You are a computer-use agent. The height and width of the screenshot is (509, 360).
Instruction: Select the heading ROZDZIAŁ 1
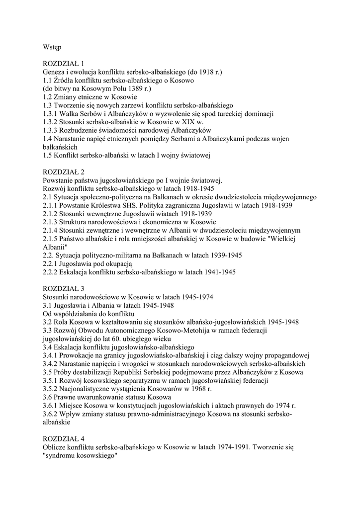tap(63, 64)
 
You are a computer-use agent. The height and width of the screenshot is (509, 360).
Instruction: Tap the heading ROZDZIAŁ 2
tap(63, 172)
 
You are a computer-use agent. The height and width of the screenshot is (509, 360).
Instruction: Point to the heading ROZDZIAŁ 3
tap(63, 288)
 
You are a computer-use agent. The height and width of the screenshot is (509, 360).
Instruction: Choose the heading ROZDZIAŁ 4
tap(63, 439)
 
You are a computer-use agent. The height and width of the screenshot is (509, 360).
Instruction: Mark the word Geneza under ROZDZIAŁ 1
tap(55, 72)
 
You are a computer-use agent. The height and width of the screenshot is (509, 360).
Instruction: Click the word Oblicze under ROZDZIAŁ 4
tap(55, 447)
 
